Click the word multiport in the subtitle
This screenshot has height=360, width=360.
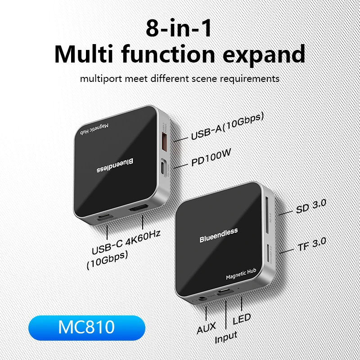103,78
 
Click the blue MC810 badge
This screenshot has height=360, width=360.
86,327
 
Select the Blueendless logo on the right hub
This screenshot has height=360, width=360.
219,236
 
